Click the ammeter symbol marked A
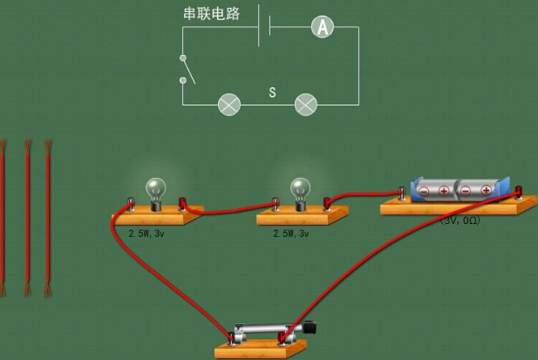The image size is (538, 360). coord(323,27)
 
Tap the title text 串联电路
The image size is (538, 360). coord(211,14)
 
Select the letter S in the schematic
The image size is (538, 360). coord(272,92)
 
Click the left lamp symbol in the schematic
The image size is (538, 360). coord(229,105)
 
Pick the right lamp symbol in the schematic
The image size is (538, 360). coord(306,105)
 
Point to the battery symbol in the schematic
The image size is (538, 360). coord(264,26)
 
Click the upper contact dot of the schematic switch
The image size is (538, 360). coord(183,58)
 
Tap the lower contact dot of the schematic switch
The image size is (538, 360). coord(183,80)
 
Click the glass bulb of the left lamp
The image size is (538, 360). coord(156,189)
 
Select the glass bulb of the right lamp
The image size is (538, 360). coord(300,189)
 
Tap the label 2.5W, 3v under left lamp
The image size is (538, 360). coord(146,234)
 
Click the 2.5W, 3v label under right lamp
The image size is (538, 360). coord(291,234)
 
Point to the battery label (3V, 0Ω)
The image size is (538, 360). coord(460,221)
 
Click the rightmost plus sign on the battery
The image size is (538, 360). coord(487,190)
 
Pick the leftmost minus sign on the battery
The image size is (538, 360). coord(424,191)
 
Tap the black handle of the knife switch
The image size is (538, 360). coord(310,328)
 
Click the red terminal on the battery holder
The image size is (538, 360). coord(519,191)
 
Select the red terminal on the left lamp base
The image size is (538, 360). coord(182,203)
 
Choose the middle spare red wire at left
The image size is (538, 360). coord(27,218)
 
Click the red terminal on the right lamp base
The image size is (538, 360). coord(327,203)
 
